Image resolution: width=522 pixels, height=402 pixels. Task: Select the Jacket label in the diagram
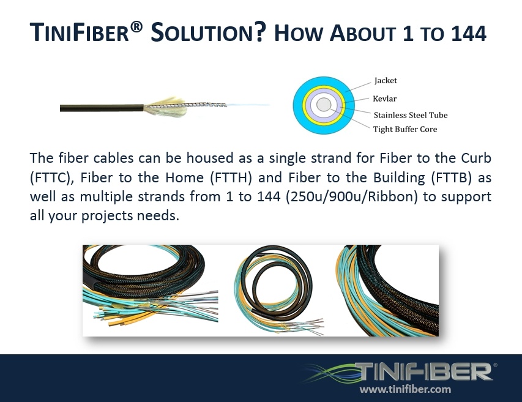point(386,80)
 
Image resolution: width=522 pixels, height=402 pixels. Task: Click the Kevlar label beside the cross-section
point(386,98)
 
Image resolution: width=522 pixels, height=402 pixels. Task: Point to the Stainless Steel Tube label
point(410,114)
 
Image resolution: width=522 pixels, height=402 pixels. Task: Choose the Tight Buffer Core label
point(405,129)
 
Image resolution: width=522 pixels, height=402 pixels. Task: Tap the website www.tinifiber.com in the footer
point(405,389)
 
